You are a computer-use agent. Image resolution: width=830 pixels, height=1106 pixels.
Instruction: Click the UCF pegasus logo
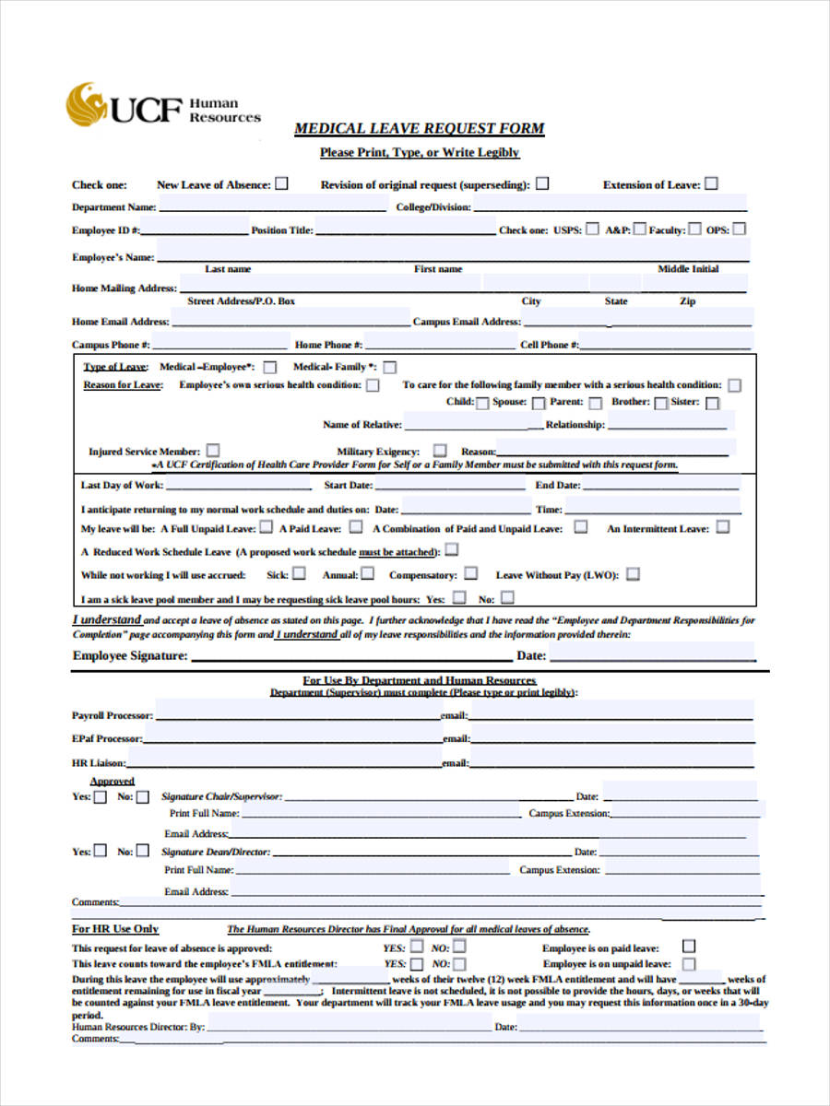tap(85, 104)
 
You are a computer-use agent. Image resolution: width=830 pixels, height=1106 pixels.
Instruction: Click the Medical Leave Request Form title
tap(420, 129)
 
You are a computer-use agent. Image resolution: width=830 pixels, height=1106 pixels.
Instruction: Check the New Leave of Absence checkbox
tap(281, 183)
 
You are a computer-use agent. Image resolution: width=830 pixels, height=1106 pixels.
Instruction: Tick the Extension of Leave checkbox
tap(712, 183)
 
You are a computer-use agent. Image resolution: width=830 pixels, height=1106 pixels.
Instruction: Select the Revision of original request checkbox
tap(542, 183)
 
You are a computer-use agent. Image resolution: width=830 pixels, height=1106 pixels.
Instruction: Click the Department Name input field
tap(272, 206)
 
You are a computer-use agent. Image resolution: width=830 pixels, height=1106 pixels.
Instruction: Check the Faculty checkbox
tap(694, 229)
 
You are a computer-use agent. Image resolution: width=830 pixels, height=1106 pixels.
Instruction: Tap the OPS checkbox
tap(739, 229)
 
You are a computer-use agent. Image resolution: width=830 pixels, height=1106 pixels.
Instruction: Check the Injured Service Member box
tap(213, 451)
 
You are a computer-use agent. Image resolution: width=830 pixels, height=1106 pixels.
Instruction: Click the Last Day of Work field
tap(240, 484)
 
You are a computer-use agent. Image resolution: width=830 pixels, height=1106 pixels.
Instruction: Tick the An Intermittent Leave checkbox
tap(723, 527)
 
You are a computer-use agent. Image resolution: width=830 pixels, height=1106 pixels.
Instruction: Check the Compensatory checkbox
tap(470, 573)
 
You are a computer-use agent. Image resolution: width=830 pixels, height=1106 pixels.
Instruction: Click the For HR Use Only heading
tap(115, 928)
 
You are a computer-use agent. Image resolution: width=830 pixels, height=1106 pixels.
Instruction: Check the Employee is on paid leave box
tap(689, 947)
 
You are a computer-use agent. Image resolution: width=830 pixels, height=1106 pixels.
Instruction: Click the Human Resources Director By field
tap(349, 1024)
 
